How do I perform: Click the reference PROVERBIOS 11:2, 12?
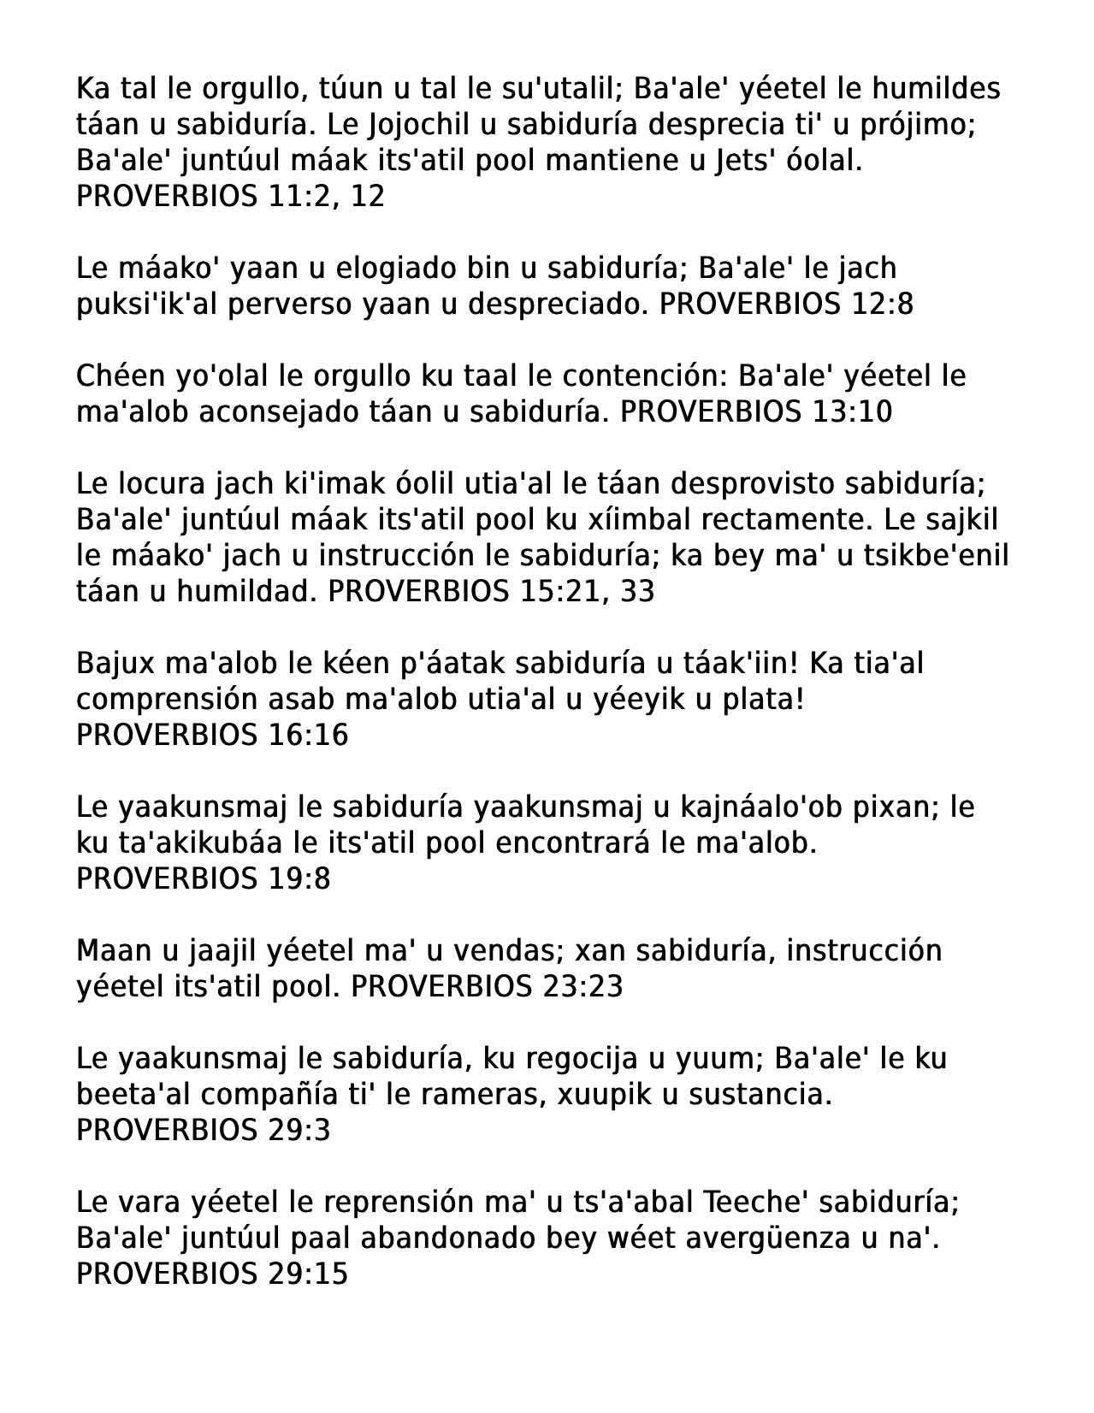pyautogui.click(x=230, y=197)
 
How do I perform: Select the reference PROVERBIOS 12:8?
pyautogui.click(x=786, y=304)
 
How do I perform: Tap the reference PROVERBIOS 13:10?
pyautogui.click(x=755, y=412)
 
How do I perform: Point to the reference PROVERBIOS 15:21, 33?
pyautogui.click(x=491, y=592)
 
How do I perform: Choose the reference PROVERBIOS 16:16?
pyautogui.click(x=212, y=736)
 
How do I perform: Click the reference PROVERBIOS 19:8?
pyautogui.click(x=203, y=879)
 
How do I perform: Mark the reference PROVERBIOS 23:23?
pyautogui.click(x=487, y=987)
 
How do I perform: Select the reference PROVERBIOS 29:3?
pyautogui.click(x=203, y=1131)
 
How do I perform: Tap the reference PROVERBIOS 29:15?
pyautogui.click(x=212, y=1274)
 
